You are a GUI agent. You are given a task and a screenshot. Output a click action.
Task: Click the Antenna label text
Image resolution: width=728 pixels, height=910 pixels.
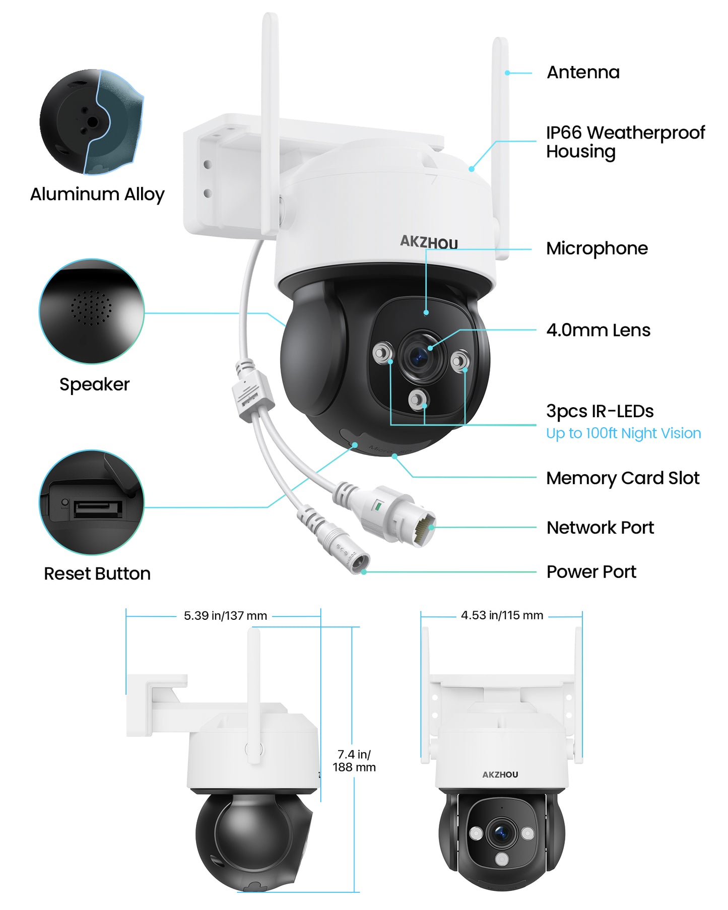pos(583,73)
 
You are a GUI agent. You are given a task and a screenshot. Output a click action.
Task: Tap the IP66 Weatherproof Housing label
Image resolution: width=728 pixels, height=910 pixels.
pos(625,142)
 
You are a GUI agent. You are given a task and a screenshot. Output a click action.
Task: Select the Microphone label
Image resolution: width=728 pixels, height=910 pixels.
pos(597,248)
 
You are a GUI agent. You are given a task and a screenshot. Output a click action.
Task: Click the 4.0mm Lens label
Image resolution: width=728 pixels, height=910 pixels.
pos(598,331)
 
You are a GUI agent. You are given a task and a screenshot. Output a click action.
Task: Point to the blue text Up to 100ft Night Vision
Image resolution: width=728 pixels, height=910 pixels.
pos(623,433)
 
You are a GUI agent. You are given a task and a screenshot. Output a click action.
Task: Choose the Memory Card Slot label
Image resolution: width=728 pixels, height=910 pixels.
pos(623,478)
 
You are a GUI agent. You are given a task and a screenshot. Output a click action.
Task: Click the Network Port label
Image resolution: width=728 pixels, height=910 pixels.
pos(600,528)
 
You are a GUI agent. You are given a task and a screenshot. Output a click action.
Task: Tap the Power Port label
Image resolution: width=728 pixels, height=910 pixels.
pos(591,572)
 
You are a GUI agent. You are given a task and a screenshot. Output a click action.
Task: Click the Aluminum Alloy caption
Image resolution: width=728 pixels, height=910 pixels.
pos(97,194)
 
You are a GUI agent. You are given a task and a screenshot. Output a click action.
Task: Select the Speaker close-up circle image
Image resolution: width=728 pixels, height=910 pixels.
pos(92,311)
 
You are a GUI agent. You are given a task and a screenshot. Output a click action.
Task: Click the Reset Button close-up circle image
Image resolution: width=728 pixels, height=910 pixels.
pos(92,503)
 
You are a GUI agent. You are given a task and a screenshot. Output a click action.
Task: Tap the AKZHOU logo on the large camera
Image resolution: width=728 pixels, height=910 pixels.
pos(429,242)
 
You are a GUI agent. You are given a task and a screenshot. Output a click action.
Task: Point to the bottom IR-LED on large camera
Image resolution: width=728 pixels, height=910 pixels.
pos(417,400)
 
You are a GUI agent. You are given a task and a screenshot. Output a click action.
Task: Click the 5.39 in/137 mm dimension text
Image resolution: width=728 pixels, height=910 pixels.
pos(225,616)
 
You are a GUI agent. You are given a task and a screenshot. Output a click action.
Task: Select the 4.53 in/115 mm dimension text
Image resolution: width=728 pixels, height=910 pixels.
pos(502,615)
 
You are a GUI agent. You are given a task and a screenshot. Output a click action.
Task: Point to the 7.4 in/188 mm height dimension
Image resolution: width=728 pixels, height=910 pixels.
pos(354,761)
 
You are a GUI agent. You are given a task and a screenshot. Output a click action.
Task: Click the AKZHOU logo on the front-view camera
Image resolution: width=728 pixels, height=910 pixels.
pos(500,774)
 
